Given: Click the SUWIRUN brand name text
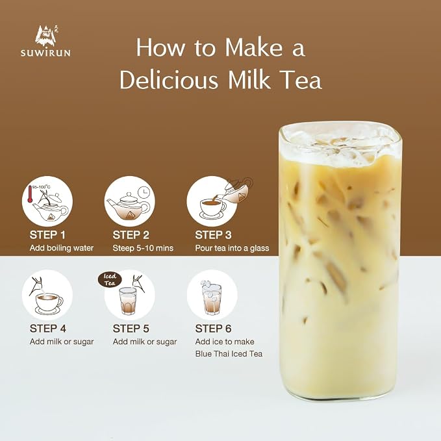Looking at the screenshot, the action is tap(45, 53).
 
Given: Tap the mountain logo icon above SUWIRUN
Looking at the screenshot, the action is tap(47, 36).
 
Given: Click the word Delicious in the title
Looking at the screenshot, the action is tap(169, 80).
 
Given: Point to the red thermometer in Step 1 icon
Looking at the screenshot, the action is tap(30, 194).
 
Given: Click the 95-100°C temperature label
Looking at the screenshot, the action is tap(42, 187).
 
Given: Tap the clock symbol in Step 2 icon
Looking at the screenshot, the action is tap(145, 192).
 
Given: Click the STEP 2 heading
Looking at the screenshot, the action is tap(131, 235).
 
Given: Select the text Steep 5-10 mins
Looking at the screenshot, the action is tap(143, 248).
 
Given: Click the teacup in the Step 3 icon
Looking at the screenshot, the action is tap(212, 209).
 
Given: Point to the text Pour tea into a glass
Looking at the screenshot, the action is tap(232, 248).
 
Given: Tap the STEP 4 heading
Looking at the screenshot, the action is tap(48, 328).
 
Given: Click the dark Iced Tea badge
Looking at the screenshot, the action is tap(110, 280).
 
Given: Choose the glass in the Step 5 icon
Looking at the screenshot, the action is tap(128, 301).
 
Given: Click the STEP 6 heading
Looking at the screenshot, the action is tap(213, 328).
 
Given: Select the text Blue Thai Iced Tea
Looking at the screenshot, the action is tap(229, 353).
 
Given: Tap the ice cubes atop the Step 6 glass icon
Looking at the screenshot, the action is tap(208, 284).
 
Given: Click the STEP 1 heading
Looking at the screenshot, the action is tap(47, 235).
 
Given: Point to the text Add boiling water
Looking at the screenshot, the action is tap(62, 248).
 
